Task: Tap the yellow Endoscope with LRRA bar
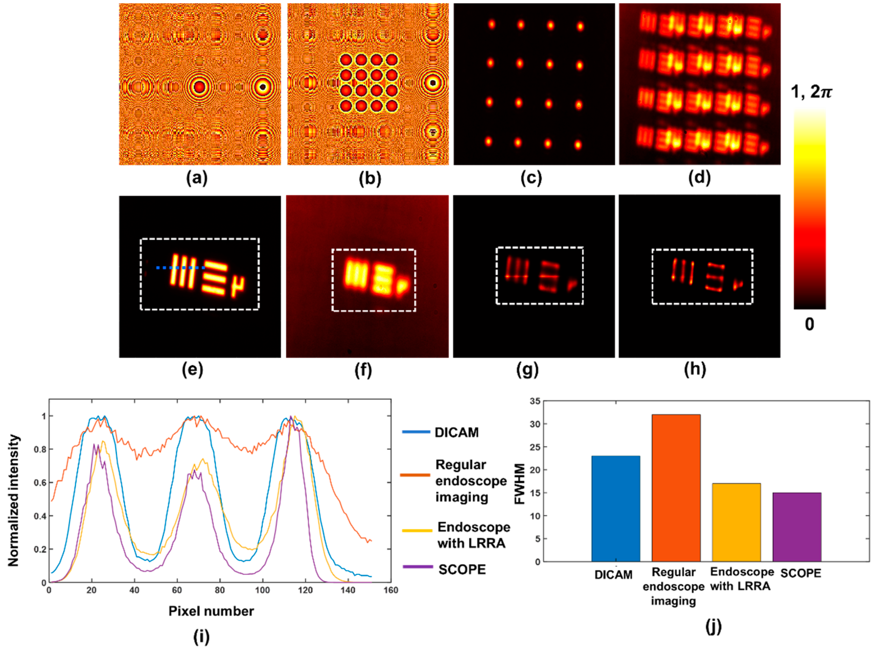[736, 522]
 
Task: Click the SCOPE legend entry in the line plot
[462, 569]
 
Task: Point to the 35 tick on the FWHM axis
[535, 401]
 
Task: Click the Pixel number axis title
[211, 611]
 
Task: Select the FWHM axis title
[520, 484]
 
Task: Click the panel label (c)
[531, 179]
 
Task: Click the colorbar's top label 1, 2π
[811, 92]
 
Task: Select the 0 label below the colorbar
[809, 324]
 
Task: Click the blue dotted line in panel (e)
[181, 268]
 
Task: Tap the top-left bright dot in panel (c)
[492, 24]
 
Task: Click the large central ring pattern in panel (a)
[200, 87]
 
